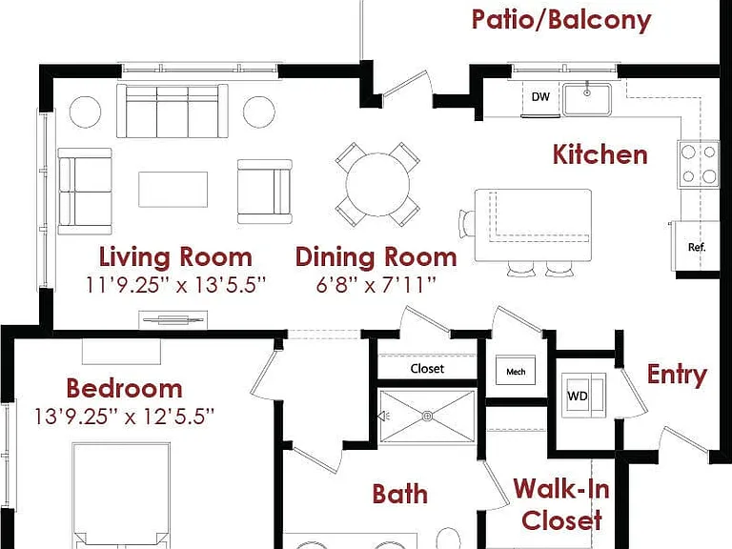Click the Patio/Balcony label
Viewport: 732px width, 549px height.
(561, 20)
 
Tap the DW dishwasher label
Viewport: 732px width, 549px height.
(540, 96)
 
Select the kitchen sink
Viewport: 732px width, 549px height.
(587, 99)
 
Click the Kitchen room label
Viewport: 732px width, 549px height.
(600, 154)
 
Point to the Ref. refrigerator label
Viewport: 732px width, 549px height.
(697, 247)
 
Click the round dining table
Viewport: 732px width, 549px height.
(377, 184)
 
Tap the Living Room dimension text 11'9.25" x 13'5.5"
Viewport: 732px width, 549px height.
(175, 285)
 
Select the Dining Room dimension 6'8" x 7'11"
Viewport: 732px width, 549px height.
(376, 285)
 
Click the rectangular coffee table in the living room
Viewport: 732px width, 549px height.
(173, 190)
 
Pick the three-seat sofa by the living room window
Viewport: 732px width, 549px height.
(173, 112)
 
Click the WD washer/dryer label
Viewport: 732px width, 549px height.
(578, 396)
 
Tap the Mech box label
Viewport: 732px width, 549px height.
(516, 372)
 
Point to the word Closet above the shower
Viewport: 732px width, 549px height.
(427, 369)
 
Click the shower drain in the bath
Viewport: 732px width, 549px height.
(427, 416)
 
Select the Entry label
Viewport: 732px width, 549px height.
(677, 375)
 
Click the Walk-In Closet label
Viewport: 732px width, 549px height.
(561, 504)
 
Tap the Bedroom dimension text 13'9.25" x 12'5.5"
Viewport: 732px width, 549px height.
(124, 416)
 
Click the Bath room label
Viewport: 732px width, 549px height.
(399, 494)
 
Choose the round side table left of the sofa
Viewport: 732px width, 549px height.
(85, 112)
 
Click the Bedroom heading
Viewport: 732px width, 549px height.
(124, 389)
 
